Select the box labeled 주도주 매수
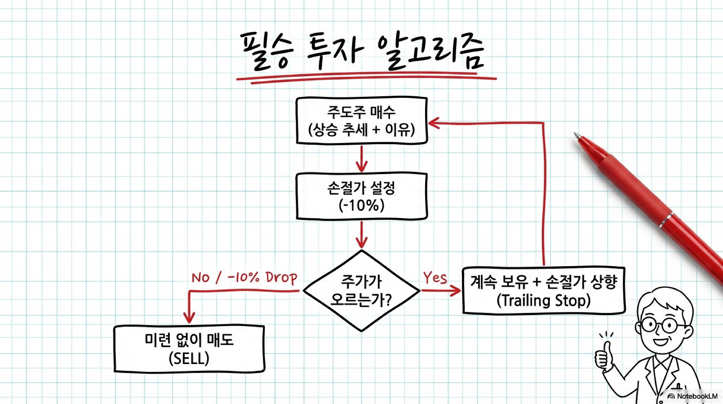[x=361, y=121]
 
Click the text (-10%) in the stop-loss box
[x=361, y=206]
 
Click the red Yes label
[x=435, y=278]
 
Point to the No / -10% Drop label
[x=244, y=278]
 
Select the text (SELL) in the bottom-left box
[x=189, y=358]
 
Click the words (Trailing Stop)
[x=543, y=301]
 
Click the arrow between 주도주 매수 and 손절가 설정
[x=361, y=158]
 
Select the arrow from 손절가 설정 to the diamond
[x=361, y=234]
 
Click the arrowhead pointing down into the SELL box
[x=189, y=317]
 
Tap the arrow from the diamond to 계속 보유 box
[x=441, y=291]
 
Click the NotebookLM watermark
[x=692, y=396]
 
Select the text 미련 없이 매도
[x=189, y=340]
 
